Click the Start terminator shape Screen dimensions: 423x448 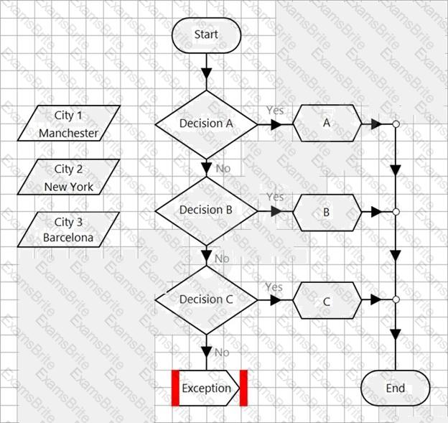point(206,34)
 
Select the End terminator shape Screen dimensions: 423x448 point(395,388)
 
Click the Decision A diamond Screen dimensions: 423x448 point(206,124)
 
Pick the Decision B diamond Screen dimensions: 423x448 point(206,210)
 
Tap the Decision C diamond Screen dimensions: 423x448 point(206,299)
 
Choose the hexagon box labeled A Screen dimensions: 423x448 point(327,124)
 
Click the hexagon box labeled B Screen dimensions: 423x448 point(327,213)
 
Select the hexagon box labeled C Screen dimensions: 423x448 point(327,301)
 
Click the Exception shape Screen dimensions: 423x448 point(207,389)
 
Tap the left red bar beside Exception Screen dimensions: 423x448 point(174,388)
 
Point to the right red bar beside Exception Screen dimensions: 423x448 point(243,388)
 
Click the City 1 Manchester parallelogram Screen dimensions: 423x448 point(69,124)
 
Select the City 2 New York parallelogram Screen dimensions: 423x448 point(69,177)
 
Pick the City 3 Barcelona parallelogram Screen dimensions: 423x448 point(69,230)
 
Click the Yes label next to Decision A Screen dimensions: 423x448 point(275,111)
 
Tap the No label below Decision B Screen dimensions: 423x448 point(222,258)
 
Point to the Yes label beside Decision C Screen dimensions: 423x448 point(274,287)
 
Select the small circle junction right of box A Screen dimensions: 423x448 point(395,124)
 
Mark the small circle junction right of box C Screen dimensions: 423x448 point(395,299)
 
